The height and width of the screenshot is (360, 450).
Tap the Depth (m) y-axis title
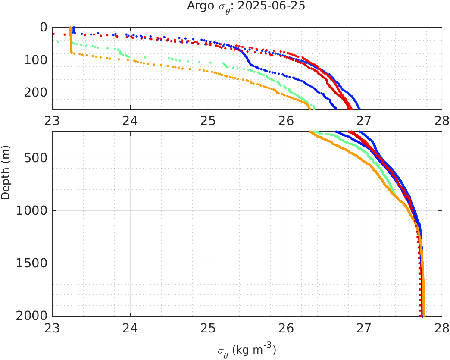(6, 178)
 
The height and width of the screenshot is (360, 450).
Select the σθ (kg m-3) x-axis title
(247, 350)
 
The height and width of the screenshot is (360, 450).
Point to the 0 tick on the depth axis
(43, 27)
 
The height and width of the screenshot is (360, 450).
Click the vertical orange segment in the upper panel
(71, 41)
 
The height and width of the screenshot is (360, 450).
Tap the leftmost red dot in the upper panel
(53, 34)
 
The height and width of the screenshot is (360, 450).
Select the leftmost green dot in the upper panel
(58, 41)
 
